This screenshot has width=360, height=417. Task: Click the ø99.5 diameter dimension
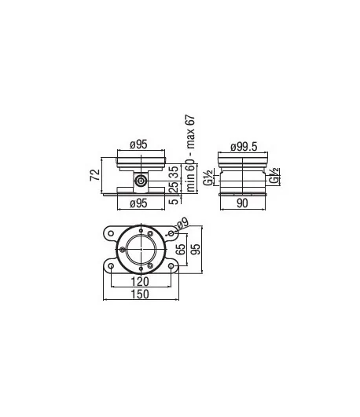click(x=244, y=147)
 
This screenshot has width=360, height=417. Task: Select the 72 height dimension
click(x=95, y=175)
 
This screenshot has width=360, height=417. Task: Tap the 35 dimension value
click(x=174, y=172)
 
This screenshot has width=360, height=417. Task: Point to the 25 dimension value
click(x=174, y=187)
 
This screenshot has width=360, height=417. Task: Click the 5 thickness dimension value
click(x=174, y=201)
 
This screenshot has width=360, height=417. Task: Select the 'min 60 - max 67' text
click(x=190, y=153)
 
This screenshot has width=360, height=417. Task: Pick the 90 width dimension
click(x=242, y=203)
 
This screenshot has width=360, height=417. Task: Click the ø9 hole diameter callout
click(x=182, y=223)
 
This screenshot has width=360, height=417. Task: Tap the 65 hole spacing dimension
click(x=181, y=249)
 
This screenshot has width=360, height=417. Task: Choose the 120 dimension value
click(x=141, y=281)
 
